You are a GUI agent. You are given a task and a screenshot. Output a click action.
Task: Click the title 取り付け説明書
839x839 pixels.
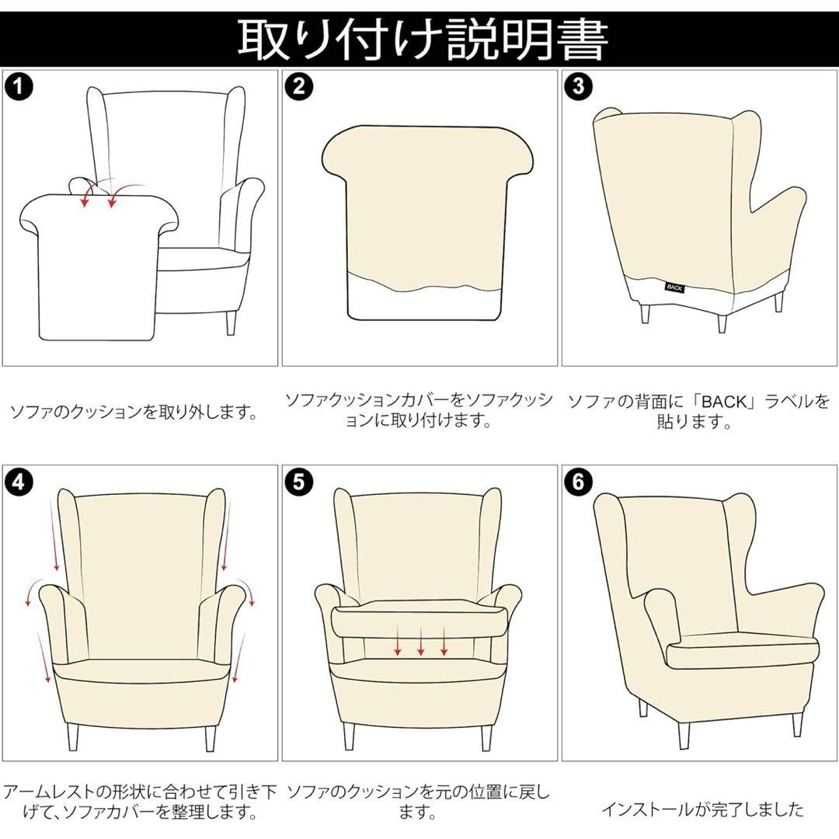pos(420,39)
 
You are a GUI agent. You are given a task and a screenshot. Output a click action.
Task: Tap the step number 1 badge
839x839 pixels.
pos(19,86)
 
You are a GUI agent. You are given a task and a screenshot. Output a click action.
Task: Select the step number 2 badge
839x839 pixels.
pos(298,86)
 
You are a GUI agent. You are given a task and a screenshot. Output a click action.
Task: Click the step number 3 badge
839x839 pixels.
pos(578,86)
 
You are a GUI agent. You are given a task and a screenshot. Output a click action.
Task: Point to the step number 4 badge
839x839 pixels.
pos(19,482)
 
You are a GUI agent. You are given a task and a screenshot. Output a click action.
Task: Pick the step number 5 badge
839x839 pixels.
pos(298,482)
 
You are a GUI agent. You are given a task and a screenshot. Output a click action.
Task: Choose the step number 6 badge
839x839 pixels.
pos(578,482)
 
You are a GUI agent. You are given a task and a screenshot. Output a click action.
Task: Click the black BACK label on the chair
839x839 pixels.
pos(674,286)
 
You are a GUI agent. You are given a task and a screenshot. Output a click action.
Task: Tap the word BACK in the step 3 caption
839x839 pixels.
pos(723,402)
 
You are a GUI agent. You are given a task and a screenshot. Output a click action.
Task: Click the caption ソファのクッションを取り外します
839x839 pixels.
pos(133,412)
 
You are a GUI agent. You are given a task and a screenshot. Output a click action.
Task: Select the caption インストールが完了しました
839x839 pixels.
pos(702,809)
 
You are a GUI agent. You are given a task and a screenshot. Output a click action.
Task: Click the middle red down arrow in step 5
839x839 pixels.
pos(420,642)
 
